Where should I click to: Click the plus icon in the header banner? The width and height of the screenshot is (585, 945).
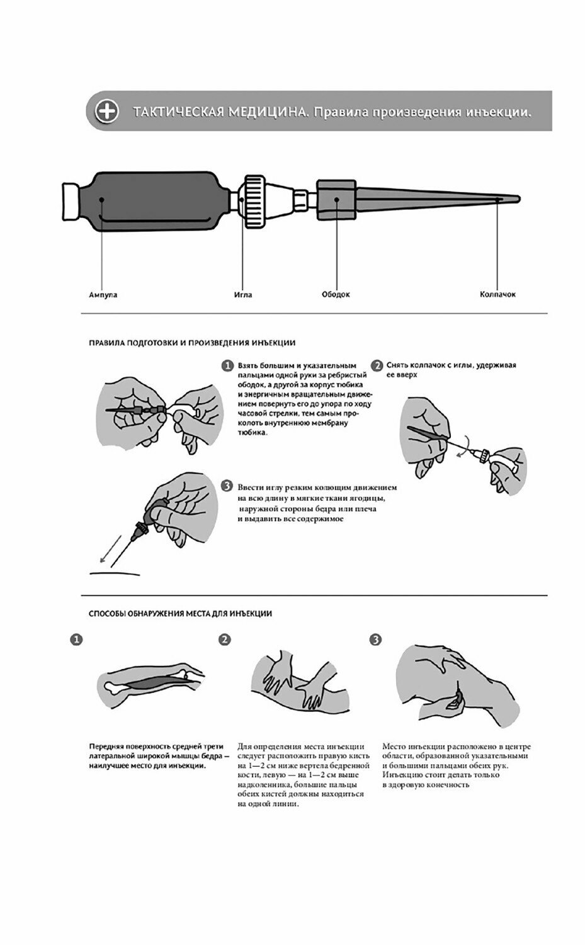click(x=106, y=112)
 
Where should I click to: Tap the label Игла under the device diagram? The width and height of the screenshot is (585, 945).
click(x=243, y=294)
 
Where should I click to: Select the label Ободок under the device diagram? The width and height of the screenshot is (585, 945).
click(x=335, y=294)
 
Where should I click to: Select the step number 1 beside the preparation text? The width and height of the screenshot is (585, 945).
click(x=227, y=366)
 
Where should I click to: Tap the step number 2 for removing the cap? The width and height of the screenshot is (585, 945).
click(x=377, y=366)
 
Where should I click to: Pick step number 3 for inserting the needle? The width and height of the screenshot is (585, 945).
click(x=227, y=486)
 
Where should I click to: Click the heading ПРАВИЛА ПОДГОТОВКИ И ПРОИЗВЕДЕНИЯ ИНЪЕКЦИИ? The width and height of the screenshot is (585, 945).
click(x=192, y=343)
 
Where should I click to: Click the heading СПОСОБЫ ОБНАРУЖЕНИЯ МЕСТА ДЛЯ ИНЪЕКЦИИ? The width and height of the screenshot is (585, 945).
click(x=181, y=613)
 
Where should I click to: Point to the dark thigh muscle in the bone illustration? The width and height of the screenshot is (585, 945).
click(x=149, y=683)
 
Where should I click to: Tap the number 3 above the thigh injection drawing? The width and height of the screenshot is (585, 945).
click(x=376, y=639)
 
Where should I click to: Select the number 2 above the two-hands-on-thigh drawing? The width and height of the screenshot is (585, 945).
click(x=224, y=639)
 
